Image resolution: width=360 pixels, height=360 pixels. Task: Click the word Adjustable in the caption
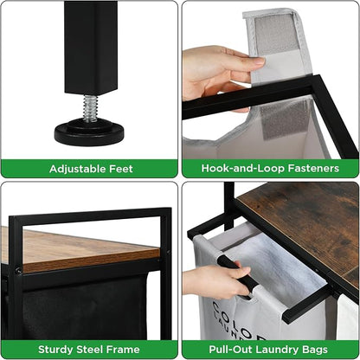pos(77,169)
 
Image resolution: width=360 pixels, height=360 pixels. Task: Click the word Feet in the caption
pos(121,169)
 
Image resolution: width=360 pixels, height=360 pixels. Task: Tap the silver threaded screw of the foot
pos(91,107)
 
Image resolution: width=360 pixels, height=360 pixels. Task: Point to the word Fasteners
pos(313,168)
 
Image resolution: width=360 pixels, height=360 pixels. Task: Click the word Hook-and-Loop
pos(243,168)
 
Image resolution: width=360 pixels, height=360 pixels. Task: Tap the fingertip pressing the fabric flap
pos(260,61)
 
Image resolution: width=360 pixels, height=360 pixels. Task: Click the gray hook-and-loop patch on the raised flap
pos(275,33)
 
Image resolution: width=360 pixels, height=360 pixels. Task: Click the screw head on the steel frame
pos(18,270)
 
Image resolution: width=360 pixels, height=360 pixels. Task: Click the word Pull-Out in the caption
pos(230,350)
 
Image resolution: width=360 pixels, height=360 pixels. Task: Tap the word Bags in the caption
pos(315,350)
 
